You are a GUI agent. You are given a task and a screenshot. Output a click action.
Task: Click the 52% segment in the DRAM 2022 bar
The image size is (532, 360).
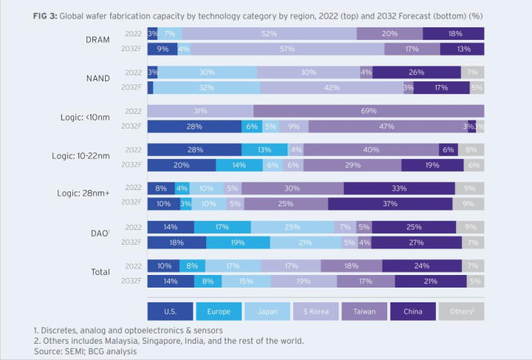[x=269, y=34]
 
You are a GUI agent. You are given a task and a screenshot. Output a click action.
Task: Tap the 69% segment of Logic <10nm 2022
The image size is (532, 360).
[x=368, y=111]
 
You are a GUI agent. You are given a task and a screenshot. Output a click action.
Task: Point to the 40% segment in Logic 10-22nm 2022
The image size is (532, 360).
[x=371, y=150]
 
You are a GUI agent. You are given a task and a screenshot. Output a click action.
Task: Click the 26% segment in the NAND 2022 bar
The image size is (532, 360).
[x=417, y=72]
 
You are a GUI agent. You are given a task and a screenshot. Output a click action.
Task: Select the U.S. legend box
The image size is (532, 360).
[x=170, y=310]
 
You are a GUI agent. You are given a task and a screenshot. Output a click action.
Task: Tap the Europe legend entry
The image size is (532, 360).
[x=219, y=310]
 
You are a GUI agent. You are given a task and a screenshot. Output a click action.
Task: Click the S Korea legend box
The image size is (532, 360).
[x=316, y=310]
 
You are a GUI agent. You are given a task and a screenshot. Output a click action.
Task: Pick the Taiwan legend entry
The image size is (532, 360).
[x=364, y=310]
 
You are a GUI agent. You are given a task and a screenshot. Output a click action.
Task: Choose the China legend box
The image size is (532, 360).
[x=412, y=310]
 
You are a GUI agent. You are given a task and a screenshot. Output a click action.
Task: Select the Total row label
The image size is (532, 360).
[x=100, y=273]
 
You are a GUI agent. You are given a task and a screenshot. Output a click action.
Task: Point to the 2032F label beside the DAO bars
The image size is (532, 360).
[x=132, y=242]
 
